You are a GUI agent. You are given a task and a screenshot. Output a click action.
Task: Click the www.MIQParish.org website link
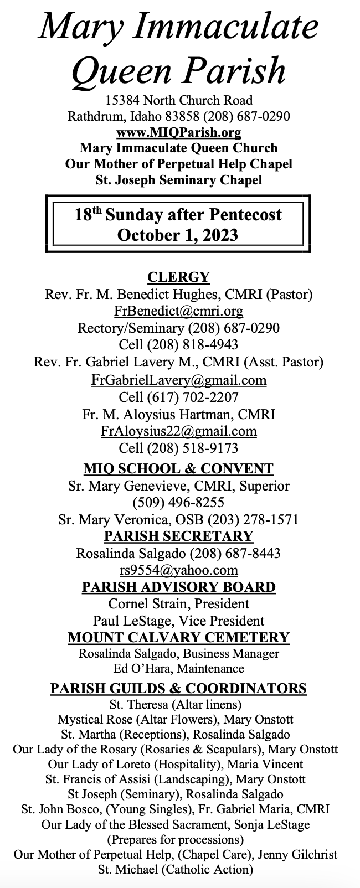click(178, 132)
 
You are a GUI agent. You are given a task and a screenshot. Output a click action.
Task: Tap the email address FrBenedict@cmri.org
click(178, 311)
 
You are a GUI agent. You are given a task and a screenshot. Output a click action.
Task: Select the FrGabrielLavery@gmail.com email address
click(178, 380)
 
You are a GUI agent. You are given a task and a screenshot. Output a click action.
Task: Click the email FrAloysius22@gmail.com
click(178, 431)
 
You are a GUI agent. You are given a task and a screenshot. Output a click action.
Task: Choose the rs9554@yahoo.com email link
click(178, 570)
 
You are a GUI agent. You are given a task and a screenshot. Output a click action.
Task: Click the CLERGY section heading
click(178, 277)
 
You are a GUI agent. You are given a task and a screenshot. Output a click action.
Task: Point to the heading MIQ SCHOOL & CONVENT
click(178, 469)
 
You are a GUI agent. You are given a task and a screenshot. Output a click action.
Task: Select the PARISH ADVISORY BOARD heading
click(178, 587)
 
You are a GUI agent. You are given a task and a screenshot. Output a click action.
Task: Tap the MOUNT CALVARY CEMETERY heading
click(178, 637)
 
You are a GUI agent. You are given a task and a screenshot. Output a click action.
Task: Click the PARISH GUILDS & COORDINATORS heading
click(178, 688)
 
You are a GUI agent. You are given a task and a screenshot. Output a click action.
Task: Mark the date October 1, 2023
click(178, 235)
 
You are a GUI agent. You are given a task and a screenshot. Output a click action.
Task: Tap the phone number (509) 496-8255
click(178, 503)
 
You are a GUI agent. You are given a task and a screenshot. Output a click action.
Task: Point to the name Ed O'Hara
click(138, 669)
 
